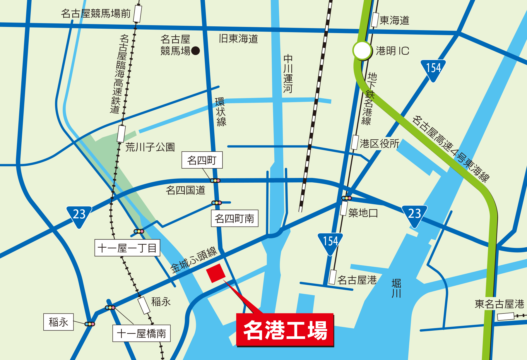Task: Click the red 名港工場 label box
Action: [x=285, y=330]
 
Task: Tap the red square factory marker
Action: [x=216, y=273]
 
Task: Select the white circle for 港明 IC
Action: [x=362, y=51]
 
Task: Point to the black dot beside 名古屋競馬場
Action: [x=195, y=51]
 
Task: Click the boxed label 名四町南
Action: [x=235, y=218]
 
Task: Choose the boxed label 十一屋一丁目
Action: [x=127, y=248]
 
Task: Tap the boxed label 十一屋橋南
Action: [x=141, y=333]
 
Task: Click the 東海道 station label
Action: [x=394, y=20]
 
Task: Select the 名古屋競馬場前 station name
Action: [x=96, y=13]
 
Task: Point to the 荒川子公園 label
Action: [x=150, y=147]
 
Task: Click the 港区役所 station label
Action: [x=379, y=143]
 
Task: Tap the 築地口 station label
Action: [x=363, y=213]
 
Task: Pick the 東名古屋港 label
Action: [x=499, y=304]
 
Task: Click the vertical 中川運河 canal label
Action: [x=288, y=74]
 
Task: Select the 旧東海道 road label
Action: [x=238, y=39]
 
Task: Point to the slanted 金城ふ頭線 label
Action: [x=194, y=260]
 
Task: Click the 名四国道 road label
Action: [x=185, y=190]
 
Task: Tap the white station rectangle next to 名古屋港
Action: [x=332, y=277]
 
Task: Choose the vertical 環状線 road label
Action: [x=221, y=112]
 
